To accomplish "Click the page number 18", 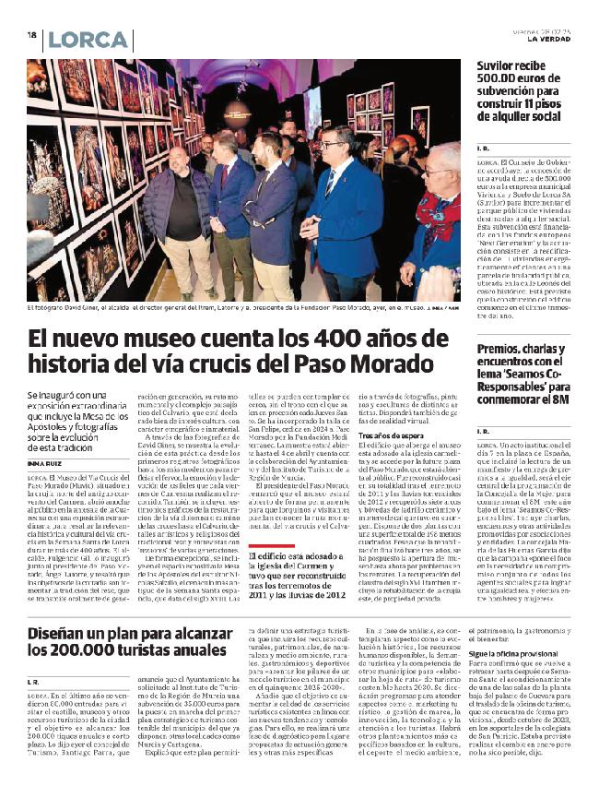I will click(31, 35).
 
